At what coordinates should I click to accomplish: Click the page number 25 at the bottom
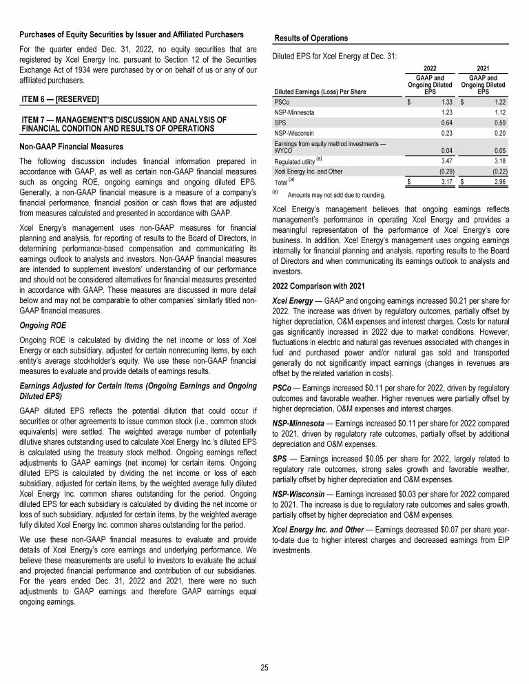264,667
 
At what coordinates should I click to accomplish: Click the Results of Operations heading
311,37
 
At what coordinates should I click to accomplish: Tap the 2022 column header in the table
430,68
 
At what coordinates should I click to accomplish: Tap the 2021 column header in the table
483,68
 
